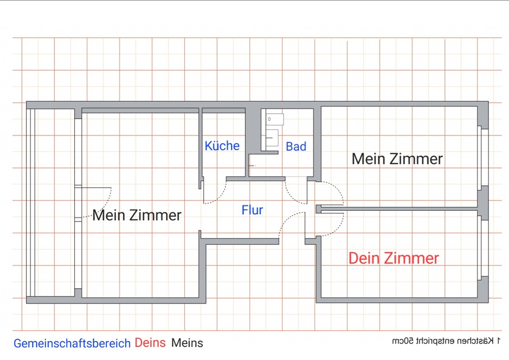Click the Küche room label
pyautogui.click(x=222, y=146)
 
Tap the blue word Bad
pyautogui.click(x=296, y=147)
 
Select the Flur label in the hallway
pyautogui.click(x=252, y=210)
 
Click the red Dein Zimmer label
pyautogui.click(x=393, y=258)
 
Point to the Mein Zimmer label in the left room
pyautogui.click(x=136, y=215)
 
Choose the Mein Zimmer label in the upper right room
pyautogui.click(x=397, y=159)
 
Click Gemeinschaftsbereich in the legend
pyautogui.click(x=72, y=343)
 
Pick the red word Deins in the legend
pyautogui.click(x=150, y=343)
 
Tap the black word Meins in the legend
pyautogui.click(x=187, y=343)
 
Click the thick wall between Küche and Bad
pyautogui.click(x=253, y=137)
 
